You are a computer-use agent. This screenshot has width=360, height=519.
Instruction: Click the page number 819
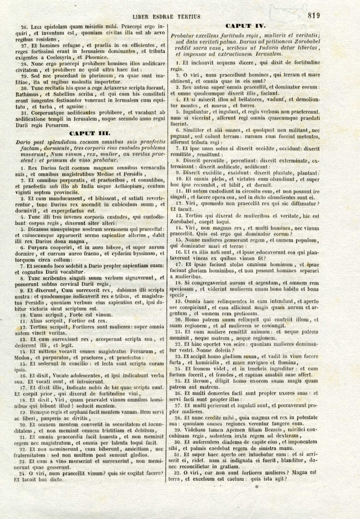click(x=314, y=15)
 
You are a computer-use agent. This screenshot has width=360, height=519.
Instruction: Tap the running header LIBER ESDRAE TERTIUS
click(x=167, y=16)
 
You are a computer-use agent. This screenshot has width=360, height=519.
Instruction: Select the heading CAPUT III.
click(x=90, y=133)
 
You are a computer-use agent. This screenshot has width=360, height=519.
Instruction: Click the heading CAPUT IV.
click(x=245, y=26)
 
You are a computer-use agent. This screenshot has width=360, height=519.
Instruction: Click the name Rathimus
click(x=28, y=94)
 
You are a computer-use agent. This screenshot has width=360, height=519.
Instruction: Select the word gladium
click(x=222, y=356)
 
